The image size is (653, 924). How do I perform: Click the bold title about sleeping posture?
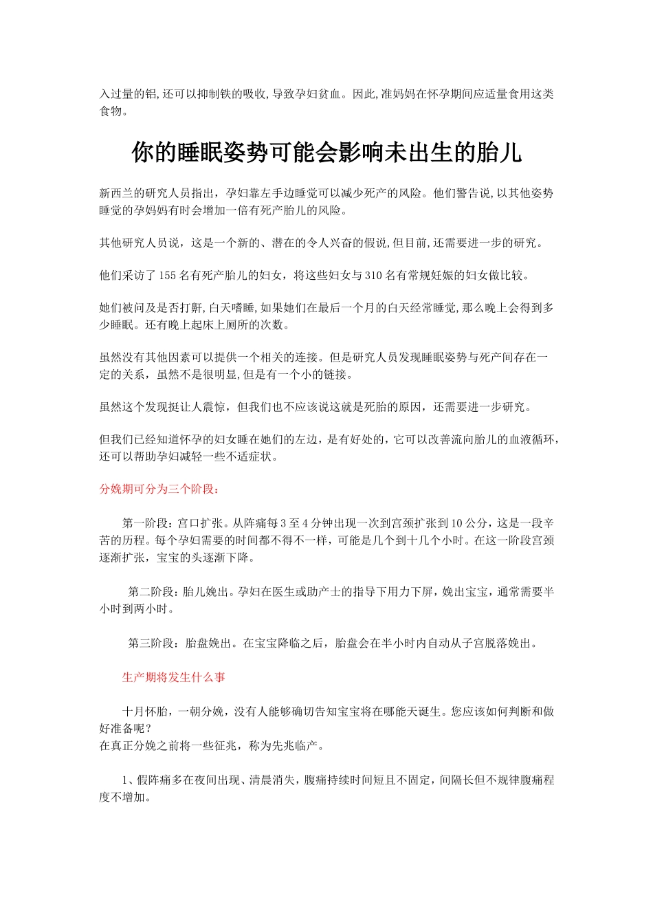click(326, 153)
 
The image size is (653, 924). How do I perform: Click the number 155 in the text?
click(168, 276)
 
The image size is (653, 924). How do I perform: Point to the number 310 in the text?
click(373, 276)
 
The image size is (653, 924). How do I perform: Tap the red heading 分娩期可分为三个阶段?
click(159, 489)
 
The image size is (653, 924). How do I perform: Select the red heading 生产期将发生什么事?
click(174, 678)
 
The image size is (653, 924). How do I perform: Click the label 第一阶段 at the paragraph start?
click(145, 524)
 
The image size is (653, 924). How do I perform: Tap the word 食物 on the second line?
click(111, 111)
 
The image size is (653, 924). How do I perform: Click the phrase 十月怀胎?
click(145, 712)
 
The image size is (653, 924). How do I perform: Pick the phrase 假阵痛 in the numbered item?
click(154, 780)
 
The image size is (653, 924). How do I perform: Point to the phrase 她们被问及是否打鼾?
click(151, 309)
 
